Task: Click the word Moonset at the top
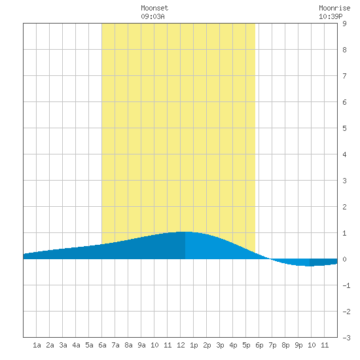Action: pyautogui.click(x=154, y=8)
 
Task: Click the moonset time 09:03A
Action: pyautogui.click(x=153, y=16)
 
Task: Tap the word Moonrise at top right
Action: pyautogui.click(x=334, y=8)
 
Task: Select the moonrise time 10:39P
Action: pyautogui.click(x=331, y=16)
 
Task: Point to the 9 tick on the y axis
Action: pyautogui.click(x=344, y=24)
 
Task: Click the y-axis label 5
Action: pyautogui.click(x=344, y=128)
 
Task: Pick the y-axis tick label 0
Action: pyautogui.click(x=344, y=259)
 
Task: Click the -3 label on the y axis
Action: pyautogui.click(x=346, y=338)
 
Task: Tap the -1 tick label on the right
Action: pyautogui.click(x=346, y=285)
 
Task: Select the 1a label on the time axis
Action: pyautogui.click(x=37, y=345)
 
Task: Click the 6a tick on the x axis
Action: pyautogui.click(x=102, y=345)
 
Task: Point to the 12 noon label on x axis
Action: pyautogui.click(x=181, y=345)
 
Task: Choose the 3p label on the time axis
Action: pyautogui.click(x=220, y=345)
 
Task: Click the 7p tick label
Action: pyautogui.click(x=272, y=345)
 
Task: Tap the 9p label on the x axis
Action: pyautogui.click(x=298, y=345)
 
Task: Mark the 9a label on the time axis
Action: pyautogui.click(x=141, y=345)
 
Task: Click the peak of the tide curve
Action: pyautogui.click(x=185, y=232)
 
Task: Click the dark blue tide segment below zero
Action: pyautogui.click(x=323, y=262)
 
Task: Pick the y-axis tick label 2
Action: pyautogui.click(x=344, y=207)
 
